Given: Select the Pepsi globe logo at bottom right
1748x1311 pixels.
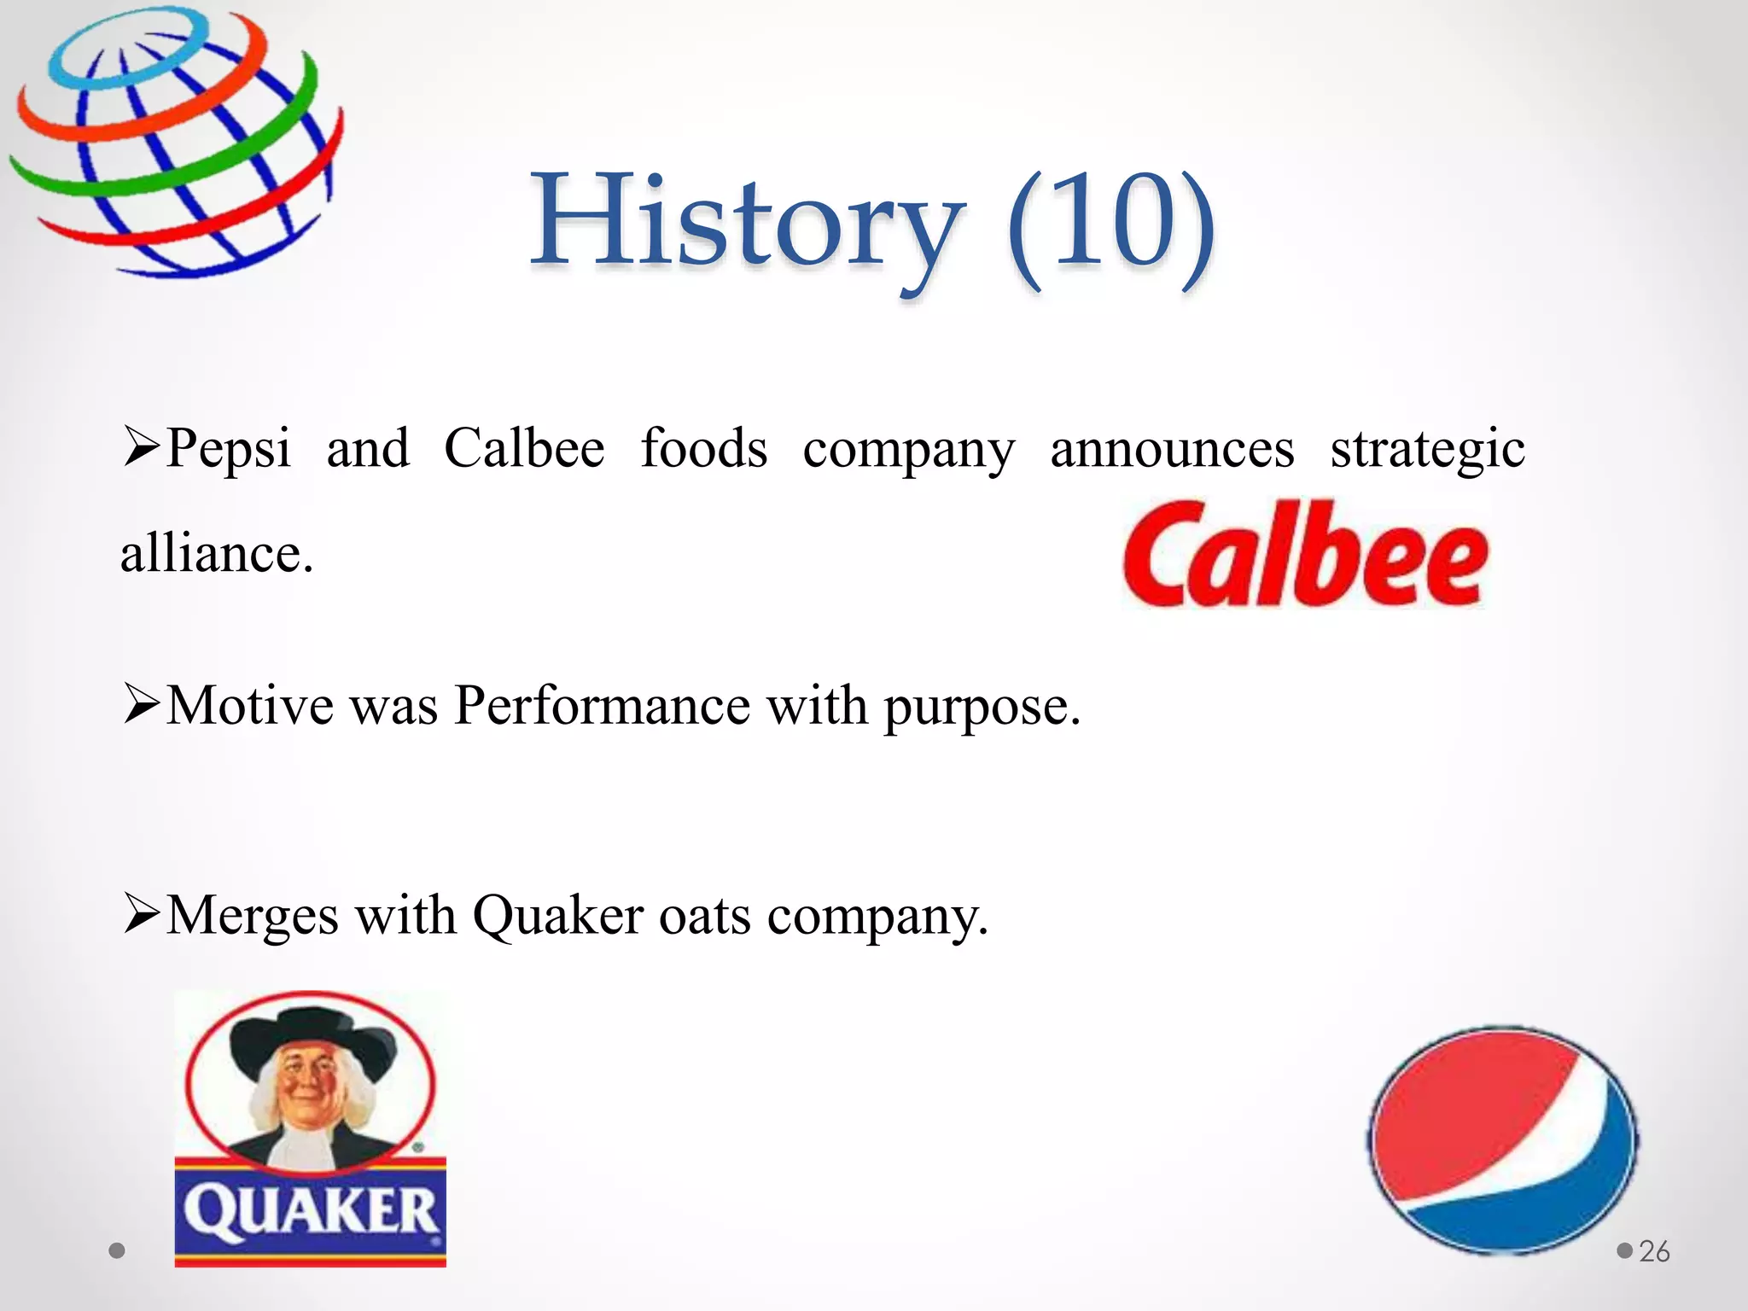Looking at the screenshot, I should coord(1502,1140).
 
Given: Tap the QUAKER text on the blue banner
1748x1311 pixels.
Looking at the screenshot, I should coord(311,1212).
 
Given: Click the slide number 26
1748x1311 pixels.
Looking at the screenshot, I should coord(1654,1251).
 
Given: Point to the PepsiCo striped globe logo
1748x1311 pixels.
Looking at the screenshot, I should coord(175,141).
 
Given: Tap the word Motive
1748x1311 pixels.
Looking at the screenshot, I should coord(249,706).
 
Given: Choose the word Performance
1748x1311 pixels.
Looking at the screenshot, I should coord(602,706).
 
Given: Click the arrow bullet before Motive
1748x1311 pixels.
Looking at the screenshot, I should coord(141,706).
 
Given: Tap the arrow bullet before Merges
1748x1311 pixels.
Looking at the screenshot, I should coord(141,914).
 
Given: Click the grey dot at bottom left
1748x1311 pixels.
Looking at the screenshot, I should coord(118,1250).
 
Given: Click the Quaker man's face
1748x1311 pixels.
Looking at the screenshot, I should coord(306,1088).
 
